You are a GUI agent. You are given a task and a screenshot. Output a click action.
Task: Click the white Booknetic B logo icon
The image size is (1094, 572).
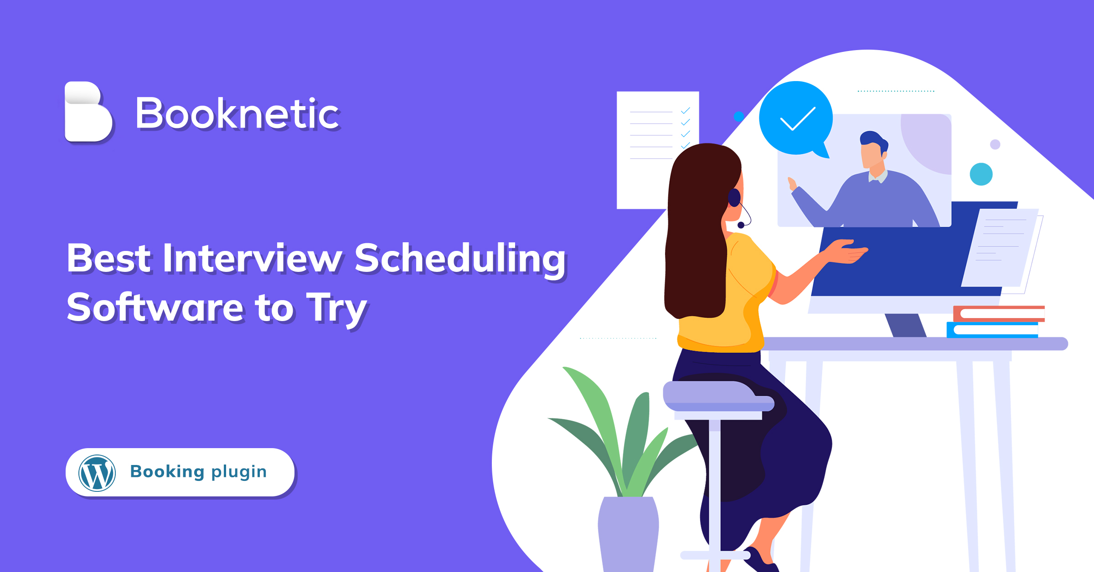pos(88,112)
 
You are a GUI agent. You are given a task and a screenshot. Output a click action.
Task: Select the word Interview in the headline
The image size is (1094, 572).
pos(252,258)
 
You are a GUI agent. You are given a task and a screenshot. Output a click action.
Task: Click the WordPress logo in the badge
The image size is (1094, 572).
pos(97,473)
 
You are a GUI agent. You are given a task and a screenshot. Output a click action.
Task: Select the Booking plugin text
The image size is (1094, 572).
pos(198,472)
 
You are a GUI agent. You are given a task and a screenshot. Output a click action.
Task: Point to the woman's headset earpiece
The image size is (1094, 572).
pos(734,198)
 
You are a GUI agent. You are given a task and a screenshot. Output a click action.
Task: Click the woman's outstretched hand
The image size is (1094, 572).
pos(848,251)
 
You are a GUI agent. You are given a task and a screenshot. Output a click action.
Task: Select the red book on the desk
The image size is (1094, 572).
pos(999,314)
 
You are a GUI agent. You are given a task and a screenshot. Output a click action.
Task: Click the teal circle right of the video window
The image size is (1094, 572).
pos(981,174)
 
